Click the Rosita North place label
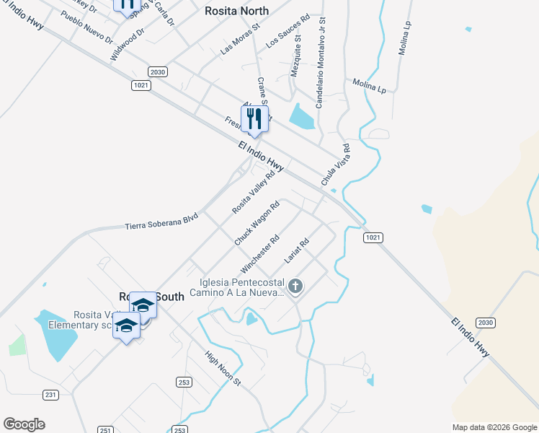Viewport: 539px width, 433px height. click(x=236, y=11)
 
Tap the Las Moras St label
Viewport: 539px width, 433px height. click(x=238, y=43)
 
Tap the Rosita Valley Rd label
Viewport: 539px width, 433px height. click(x=254, y=191)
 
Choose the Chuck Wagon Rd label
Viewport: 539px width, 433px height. click(x=257, y=222)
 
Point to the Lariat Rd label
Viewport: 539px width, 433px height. click(x=296, y=250)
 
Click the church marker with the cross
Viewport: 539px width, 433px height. click(x=295, y=287)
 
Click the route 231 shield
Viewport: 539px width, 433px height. click(x=50, y=395)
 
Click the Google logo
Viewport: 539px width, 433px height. click(x=24, y=424)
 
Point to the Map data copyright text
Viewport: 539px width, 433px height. click(x=494, y=427)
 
